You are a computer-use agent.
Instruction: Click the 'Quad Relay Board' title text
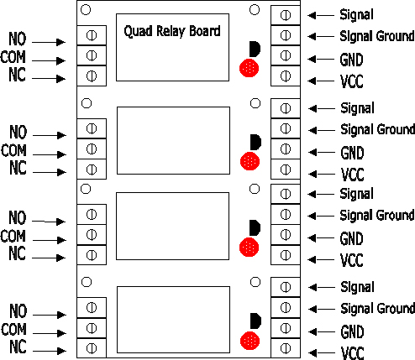pos(172,31)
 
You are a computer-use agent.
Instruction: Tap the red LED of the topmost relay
pos(250,68)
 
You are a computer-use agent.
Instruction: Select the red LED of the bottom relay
pos(250,341)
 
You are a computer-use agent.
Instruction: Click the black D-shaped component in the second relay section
pos(255,142)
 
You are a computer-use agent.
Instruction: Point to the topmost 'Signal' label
pos(356,15)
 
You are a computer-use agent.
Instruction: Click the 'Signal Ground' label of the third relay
pos(377,216)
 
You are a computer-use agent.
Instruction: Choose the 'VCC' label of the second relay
pos(352,175)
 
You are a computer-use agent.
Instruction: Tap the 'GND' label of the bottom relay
pos(352,332)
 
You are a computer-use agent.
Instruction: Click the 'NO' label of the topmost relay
pos(18,39)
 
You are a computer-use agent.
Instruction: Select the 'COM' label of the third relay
pos(13,237)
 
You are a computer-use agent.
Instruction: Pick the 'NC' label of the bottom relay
pos(18,347)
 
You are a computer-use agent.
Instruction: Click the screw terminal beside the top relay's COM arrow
pos(92,55)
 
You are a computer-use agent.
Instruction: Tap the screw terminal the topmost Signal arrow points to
pos(286,15)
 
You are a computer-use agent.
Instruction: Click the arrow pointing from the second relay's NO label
pos(50,135)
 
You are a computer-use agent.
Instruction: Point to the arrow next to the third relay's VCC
pos(321,259)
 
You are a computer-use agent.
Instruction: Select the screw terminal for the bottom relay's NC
pos(92,348)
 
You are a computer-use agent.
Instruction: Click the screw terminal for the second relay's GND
pos(286,149)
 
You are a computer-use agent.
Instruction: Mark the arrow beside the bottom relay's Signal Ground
pos(322,309)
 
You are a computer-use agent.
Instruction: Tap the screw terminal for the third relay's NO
pos(92,214)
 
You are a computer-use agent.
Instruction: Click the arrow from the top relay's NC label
pos(49,79)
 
